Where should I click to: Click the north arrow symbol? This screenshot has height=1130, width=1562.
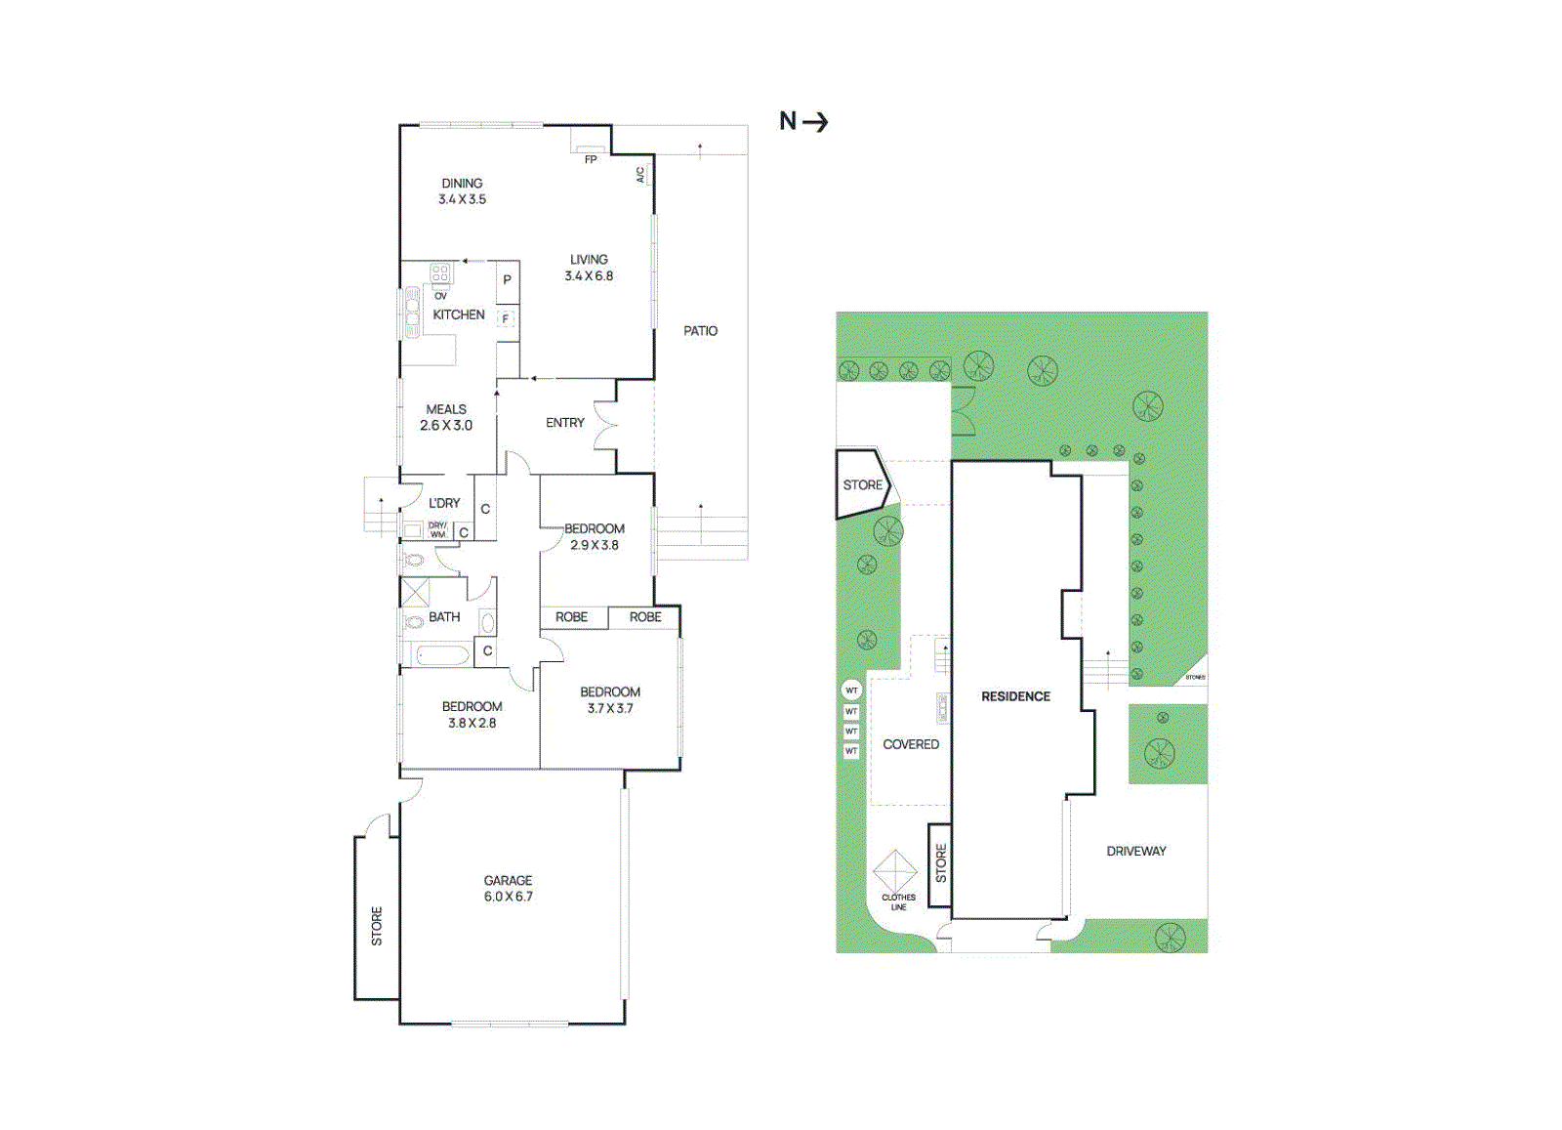tap(803, 121)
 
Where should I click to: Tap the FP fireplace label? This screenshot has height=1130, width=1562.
tap(591, 159)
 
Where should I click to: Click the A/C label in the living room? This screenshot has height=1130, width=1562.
tap(640, 175)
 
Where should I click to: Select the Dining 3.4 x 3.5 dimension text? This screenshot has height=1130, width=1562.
tap(462, 199)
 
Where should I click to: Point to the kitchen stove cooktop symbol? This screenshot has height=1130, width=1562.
tap(440, 273)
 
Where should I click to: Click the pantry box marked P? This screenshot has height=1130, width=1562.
tap(507, 279)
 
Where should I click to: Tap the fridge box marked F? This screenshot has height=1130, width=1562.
tap(506, 318)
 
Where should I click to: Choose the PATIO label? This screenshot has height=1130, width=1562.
tap(700, 331)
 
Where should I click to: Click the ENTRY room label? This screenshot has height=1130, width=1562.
tap(564, 423)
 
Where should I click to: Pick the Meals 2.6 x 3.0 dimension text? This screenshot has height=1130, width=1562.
tap(446, 426)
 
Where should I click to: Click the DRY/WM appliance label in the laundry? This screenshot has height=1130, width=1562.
tap(437, 530)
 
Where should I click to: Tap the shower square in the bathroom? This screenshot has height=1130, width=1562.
tap(416, 592)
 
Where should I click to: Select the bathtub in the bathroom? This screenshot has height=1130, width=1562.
tap(442, 654)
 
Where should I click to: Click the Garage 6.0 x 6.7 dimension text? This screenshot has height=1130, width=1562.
tap(508, 897)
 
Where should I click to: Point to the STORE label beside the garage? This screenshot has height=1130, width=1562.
tap(377, 926)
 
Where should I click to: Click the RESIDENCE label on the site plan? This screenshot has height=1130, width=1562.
tap(1015, 696)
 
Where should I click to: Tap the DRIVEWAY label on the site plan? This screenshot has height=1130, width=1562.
tap(1136, 852)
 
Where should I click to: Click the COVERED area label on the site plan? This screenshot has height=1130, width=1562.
tap(911, 744)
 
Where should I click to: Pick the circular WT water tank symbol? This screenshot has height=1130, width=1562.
tap(851, 691)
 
